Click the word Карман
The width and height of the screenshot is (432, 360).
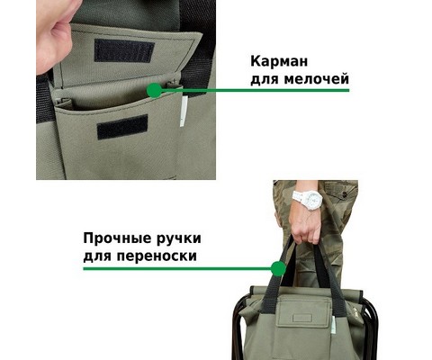pos(279,61)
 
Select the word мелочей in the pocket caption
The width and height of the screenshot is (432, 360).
pos(317,79)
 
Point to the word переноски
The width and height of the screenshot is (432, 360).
pos(157,256)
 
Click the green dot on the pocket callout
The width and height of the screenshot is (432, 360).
pos(154,90)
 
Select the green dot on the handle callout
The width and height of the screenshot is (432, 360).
pos(278,268)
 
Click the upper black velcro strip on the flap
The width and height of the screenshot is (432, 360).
pos(124,50)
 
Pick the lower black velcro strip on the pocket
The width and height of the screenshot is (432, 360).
pos(122,127)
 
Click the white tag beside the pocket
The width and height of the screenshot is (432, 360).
pos(184,112)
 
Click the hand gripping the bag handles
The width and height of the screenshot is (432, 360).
pos(306,227)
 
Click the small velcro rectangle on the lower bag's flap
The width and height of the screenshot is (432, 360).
pos(302,318)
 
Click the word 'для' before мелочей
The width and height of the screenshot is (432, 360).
pos(265,80)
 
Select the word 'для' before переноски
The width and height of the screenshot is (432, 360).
pos(98,256)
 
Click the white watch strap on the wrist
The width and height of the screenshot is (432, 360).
pos(300,200)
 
